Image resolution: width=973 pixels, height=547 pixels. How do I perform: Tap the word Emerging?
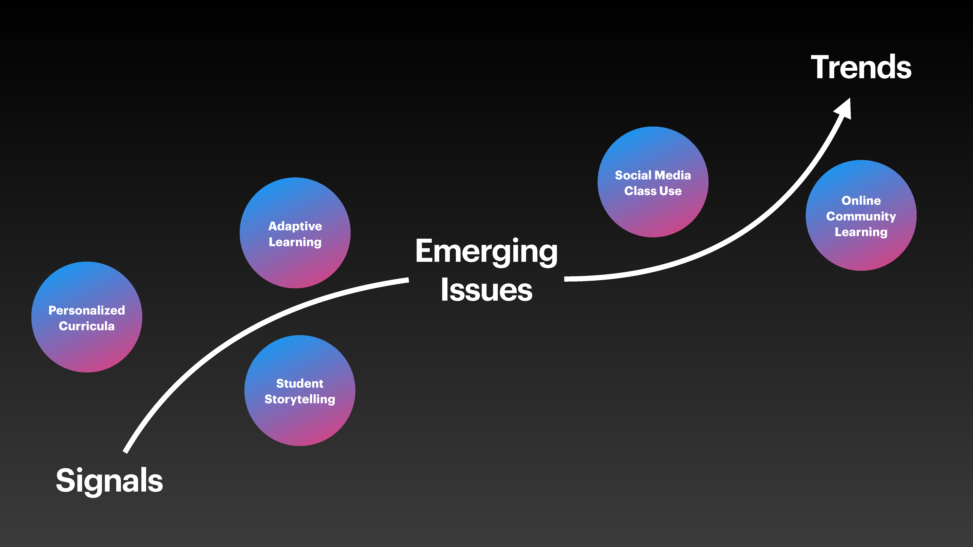[x=486, y=251]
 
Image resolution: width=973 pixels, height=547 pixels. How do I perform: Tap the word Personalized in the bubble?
[x=86, y=310]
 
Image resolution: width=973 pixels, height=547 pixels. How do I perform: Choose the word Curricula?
[x=86, y=326]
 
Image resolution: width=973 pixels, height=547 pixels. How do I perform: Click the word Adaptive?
[x=295, y=226]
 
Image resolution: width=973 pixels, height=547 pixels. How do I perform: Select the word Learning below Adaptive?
[x=295, y=242]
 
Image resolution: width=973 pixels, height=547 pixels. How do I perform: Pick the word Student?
[x=300, y=384]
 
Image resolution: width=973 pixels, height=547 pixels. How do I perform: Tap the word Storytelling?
[x=300, y=399]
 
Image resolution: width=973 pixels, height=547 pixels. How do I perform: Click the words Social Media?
[x=653, y=175]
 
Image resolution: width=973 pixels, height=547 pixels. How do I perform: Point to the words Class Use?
[x=653, y=191]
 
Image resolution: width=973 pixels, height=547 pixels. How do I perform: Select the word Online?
[x=861, y=201]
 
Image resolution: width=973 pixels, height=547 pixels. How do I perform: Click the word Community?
[x=861, y=216]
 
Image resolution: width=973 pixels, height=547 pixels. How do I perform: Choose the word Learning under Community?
[x=861, y=232]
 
